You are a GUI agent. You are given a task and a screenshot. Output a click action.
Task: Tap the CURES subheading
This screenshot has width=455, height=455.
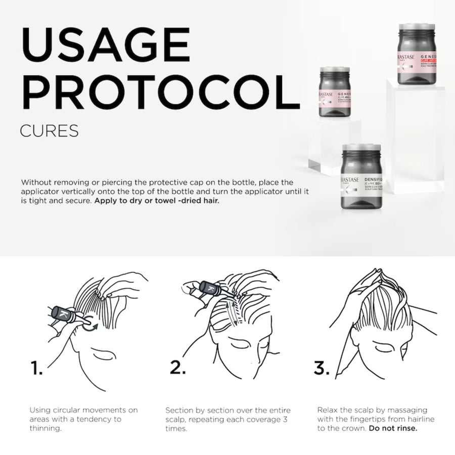pyautogui.click(x=49, y=130)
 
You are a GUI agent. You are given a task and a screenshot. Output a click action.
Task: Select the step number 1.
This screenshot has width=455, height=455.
pyautogui.click(x=36, y=368)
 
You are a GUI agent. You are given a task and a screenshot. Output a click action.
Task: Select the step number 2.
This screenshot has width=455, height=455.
pyautogui.click(x=177, y=368)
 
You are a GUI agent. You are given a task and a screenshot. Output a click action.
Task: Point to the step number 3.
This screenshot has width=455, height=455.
pyautogui.click(x=322, y=368)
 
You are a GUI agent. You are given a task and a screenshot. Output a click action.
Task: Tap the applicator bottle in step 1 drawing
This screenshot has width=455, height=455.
pyautogui.click(x=66, y=315)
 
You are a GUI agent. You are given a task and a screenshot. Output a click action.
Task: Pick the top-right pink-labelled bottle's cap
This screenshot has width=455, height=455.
pyautogui.click(x=417, y=28)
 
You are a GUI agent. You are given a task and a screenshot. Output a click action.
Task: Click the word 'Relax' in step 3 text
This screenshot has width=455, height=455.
pyautogui.click(x=328, y=409)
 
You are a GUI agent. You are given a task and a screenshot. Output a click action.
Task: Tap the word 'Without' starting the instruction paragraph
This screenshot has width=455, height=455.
pyautogui.click(x=37, y=181)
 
